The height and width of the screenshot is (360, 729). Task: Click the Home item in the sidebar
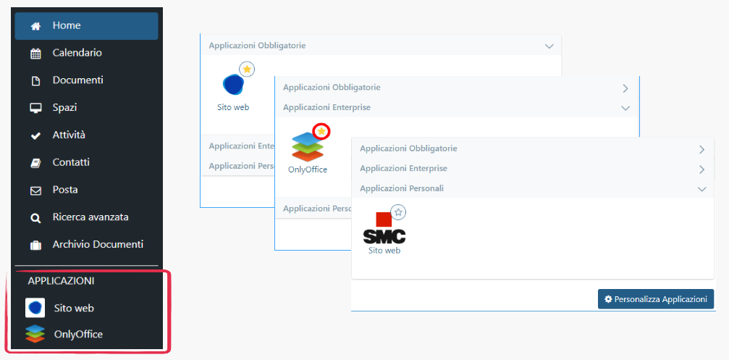coord(66,25)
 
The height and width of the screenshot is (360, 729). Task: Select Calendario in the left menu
coord(77,53)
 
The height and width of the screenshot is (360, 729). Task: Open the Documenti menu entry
coord(77,80)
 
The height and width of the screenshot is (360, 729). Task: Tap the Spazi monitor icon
coord(35,108)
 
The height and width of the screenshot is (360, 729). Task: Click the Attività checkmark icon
coord(35,135)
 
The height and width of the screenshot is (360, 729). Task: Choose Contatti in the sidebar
coord(70,162)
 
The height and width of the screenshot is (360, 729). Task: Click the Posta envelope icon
coord(35,191)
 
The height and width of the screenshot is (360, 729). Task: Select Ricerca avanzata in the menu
coord(90,217)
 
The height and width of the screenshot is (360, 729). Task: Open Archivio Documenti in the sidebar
coord(97,245)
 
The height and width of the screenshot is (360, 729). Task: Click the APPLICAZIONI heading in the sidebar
coord(61,280)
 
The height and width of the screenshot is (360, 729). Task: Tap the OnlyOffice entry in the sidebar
coord(78,335)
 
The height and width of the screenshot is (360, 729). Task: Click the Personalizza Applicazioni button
coord(656,299)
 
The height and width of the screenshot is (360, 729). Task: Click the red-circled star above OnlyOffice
coord(321,131)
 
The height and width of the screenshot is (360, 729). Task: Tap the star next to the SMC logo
coord(399,212)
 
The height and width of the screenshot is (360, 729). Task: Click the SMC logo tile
coord(384,228)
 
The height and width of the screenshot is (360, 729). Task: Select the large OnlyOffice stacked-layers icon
coord(308,147)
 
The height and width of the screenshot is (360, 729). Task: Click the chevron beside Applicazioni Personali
coord(701,188)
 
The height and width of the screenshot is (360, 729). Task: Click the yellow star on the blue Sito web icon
coord(247,69)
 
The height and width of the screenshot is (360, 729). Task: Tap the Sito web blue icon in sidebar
coord(35,308)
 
